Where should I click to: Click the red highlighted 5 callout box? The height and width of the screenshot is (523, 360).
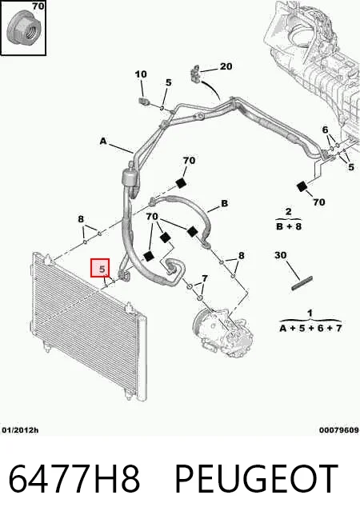[100, 268]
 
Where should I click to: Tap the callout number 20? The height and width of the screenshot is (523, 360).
[226, 66]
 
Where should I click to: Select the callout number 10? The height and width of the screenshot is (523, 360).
[141, 74]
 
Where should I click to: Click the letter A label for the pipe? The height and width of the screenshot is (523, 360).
[103, 141]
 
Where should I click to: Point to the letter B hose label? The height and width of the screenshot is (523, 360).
[225, 203]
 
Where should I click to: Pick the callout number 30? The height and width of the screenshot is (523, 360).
[280, 255]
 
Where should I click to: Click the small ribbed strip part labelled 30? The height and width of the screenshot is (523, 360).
[302, 283]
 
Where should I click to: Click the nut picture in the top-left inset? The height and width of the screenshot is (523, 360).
[24, 30]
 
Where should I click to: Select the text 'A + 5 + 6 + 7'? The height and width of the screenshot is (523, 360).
[310, 328]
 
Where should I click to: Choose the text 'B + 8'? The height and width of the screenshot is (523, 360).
[289, 226]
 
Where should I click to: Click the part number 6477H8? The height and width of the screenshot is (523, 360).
[74, 478]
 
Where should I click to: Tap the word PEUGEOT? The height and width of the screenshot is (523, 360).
[257, 478]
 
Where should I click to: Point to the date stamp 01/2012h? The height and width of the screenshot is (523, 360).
[20, 430]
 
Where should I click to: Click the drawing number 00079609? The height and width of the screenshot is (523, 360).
[339, 430]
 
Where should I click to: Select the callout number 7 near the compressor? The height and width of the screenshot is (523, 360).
[205, 277]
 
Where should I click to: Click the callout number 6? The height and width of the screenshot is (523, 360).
[325, 130]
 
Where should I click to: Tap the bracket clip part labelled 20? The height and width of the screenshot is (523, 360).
[195, 74]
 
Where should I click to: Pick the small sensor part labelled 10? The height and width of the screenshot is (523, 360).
[144, 101]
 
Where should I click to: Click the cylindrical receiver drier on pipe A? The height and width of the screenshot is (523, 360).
[130, 177]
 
